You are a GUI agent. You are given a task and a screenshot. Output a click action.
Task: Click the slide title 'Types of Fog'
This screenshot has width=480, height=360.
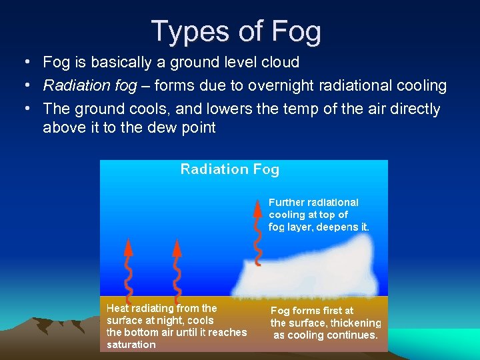236,31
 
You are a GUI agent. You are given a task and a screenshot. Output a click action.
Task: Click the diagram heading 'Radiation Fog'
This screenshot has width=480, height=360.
230,169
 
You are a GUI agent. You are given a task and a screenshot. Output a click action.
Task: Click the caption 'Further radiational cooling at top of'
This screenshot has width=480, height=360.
313,208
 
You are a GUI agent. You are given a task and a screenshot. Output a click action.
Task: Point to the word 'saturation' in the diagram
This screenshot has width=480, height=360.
131,345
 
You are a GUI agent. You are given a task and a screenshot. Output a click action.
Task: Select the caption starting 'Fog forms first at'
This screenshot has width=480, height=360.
325,323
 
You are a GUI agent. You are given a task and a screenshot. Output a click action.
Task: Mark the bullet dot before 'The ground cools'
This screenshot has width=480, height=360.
25,108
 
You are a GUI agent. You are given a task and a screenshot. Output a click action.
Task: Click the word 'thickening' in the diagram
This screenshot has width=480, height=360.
355,323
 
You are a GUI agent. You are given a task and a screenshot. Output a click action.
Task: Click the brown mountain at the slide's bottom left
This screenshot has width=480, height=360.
40,333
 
